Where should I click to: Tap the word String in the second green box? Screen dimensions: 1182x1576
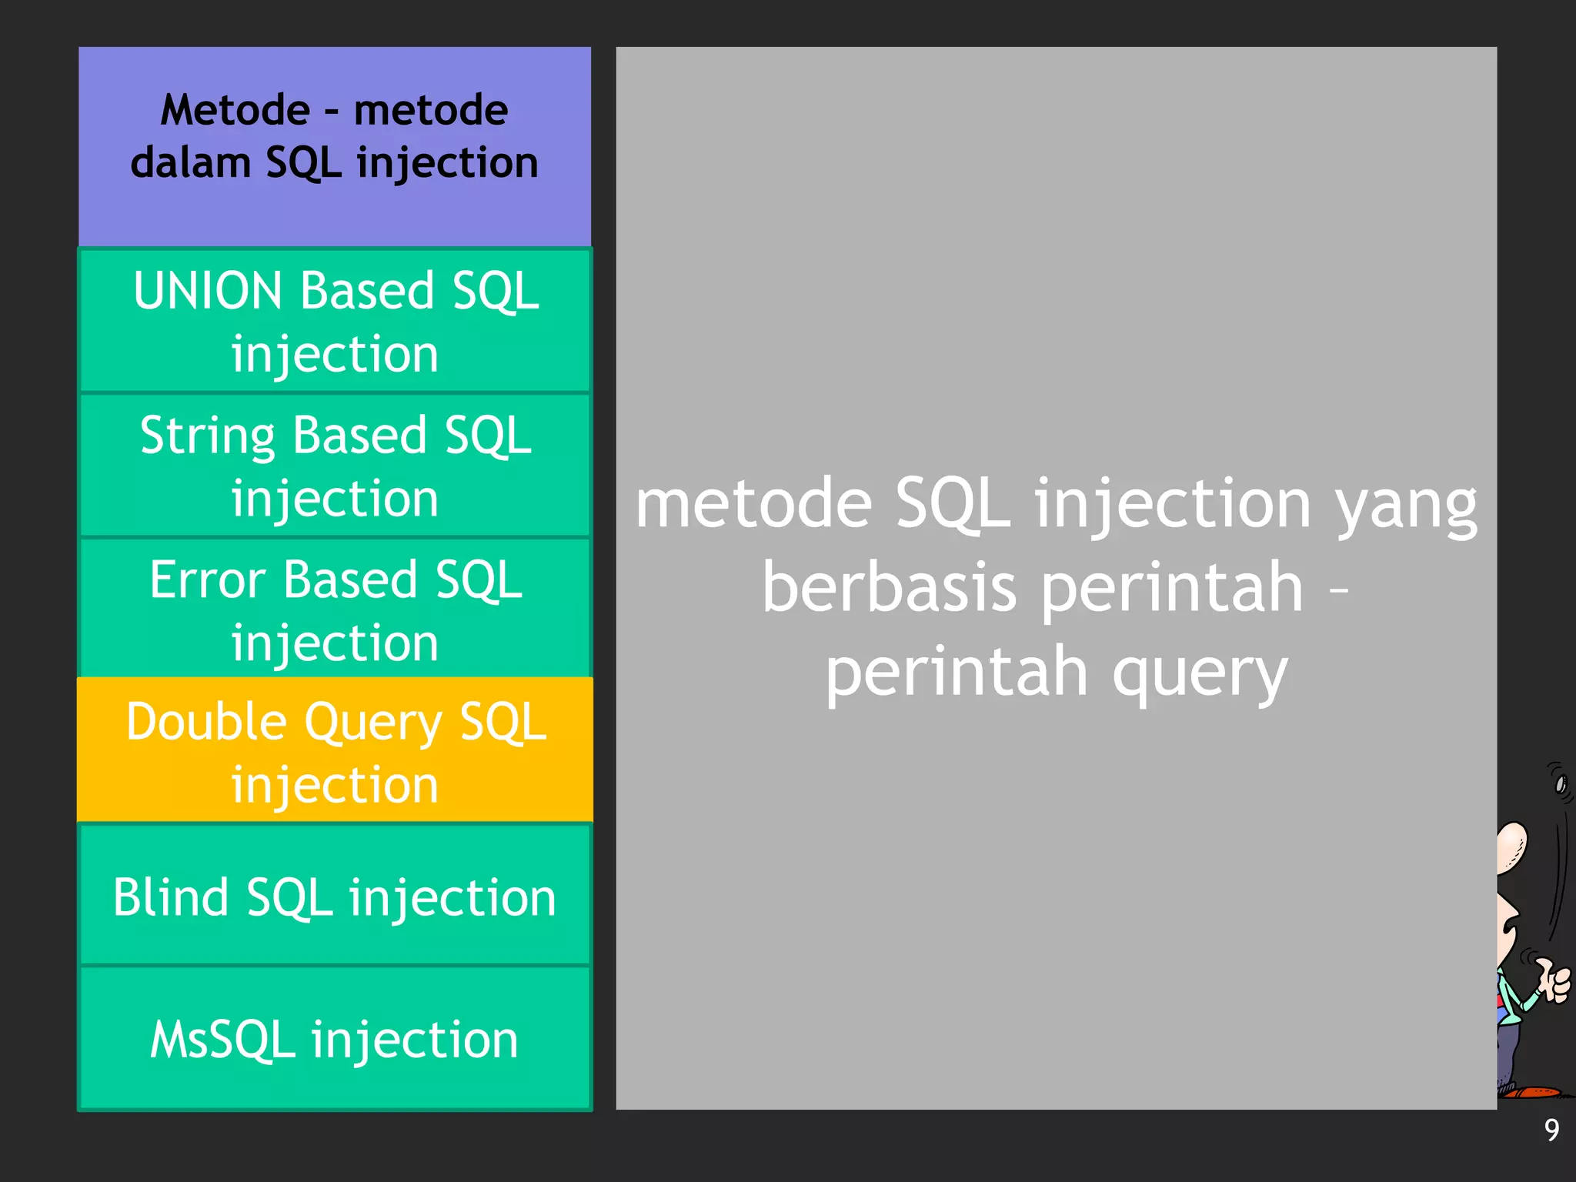tap(207, 436)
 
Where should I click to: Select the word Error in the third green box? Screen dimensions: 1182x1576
tap(207, 579)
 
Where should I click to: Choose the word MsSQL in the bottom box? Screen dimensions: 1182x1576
tap(222, 1040)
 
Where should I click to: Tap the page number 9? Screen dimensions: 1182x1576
tap(1551, 1130)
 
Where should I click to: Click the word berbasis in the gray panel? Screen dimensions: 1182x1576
tap(889, 588)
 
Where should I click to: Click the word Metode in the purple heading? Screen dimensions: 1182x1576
tap(235, 110)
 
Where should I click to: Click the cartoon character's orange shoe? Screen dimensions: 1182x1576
tap(1531, 1091)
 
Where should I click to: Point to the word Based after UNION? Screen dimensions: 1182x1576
tap(367, 292)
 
